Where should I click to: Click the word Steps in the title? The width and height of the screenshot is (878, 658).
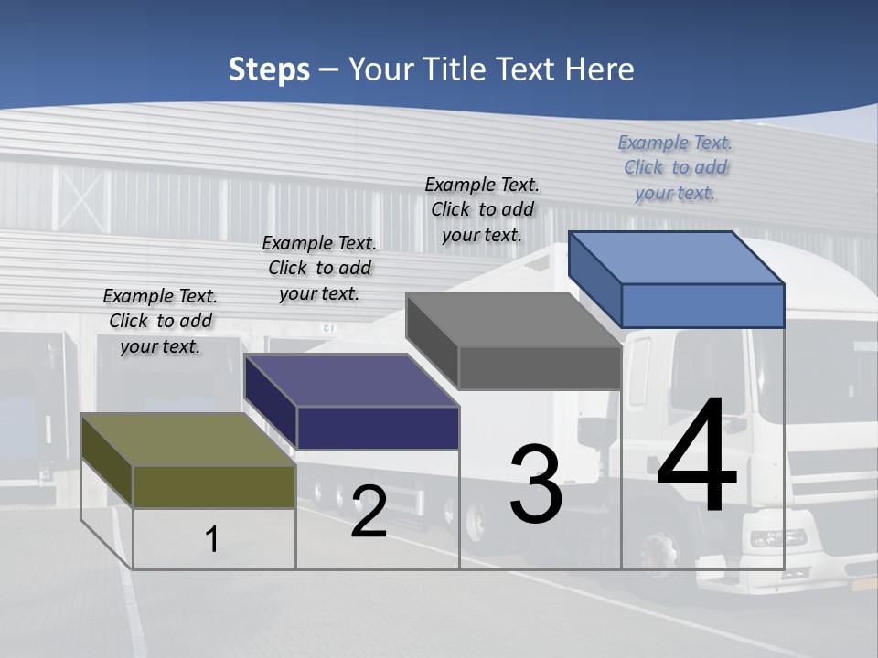click(269, 69)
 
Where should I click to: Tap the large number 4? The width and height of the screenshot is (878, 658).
click(697, 457)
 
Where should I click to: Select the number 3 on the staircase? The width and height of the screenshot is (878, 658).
click(536, 484)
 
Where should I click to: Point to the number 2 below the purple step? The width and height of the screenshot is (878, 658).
click(369, 513)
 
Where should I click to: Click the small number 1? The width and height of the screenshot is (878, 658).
click(212, 540)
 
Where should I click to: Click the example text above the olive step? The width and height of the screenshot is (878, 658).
click(160, 321)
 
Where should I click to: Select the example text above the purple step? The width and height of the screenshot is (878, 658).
click(319, 268)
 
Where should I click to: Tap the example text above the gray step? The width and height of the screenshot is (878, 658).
click(482, 209)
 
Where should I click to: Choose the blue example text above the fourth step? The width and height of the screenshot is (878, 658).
click(675, 167)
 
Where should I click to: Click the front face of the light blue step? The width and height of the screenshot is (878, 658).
click(702, 305)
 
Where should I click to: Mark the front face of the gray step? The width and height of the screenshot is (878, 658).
click(540, 368)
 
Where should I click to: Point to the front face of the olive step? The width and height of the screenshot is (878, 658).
click(214, 486)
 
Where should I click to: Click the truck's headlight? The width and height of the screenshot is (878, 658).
click(777, 538)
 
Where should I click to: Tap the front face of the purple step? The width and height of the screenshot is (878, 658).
click(377, 428)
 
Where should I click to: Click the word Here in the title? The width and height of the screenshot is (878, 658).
click(600, 69)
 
